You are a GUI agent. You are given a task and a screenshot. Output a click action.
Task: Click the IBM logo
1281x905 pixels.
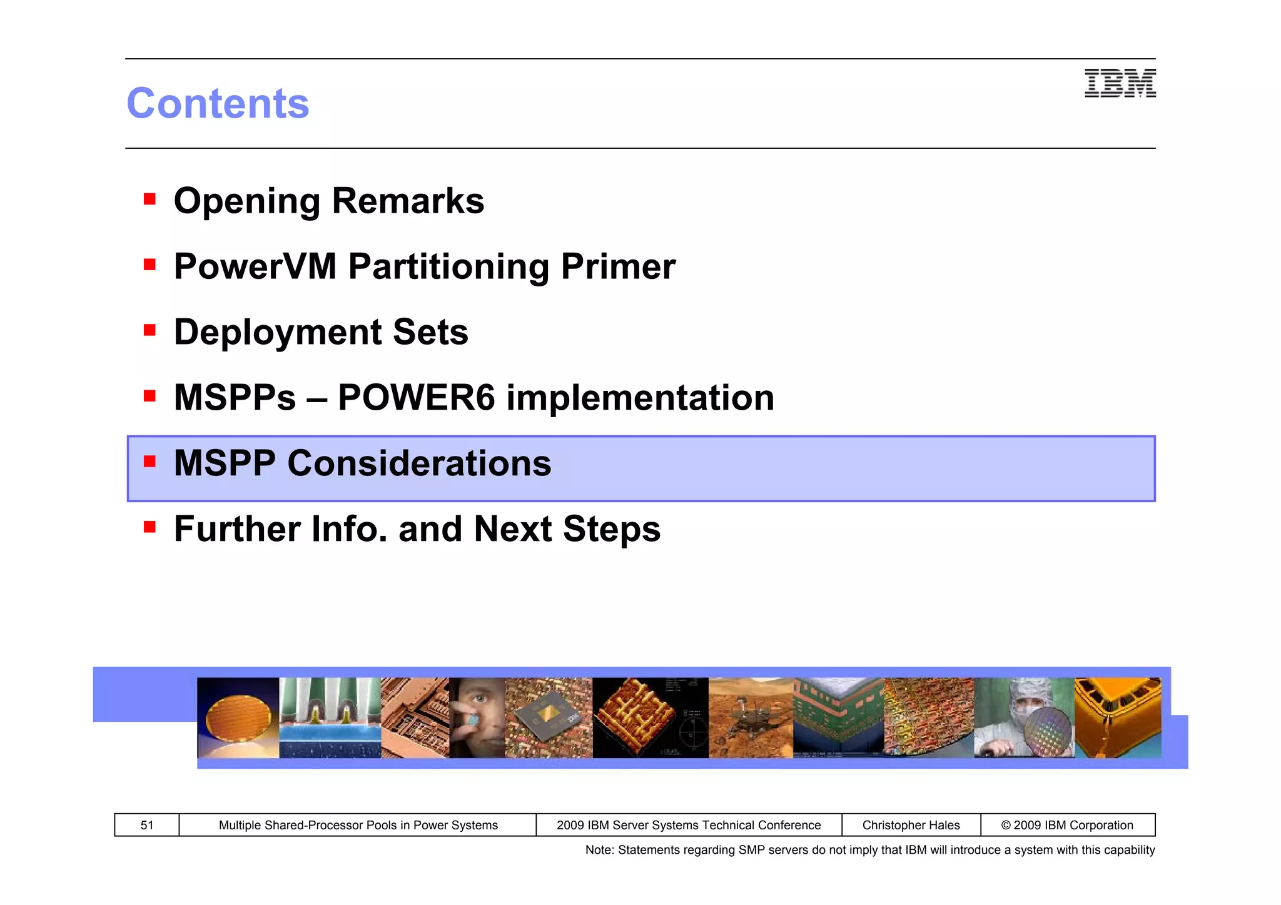point(1120,84)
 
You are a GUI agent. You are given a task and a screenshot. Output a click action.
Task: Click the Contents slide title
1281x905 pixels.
point(218,103)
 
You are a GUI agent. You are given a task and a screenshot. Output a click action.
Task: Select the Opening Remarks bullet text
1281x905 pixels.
point(328,201)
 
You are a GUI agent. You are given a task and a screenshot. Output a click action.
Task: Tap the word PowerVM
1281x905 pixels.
point(255,266)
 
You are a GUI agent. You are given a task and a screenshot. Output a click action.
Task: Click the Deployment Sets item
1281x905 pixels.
point(321,332)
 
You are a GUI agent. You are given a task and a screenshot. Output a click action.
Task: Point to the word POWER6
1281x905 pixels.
point(416,398)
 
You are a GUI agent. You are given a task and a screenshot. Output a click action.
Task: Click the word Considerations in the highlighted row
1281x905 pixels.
point(419,463)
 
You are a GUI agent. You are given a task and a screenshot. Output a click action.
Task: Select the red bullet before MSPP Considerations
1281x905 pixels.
point(149,462)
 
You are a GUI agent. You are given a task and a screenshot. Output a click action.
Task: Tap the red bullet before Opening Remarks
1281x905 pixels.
point(149,199)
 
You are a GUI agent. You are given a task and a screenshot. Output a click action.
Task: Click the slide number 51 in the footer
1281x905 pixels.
point(147,825)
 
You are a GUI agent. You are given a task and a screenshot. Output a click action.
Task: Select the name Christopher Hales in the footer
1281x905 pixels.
point(911,825)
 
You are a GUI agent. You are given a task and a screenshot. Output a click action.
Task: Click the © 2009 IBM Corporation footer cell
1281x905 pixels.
point(1067,825)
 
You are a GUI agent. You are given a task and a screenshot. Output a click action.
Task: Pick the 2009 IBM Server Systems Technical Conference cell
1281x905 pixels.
point(689,825)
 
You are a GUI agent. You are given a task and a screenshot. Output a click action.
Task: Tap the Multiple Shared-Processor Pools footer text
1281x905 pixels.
point(358,825)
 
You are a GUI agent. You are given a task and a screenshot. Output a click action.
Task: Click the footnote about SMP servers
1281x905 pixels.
point(869,850)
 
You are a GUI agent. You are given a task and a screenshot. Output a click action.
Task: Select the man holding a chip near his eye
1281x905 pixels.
point(477,718)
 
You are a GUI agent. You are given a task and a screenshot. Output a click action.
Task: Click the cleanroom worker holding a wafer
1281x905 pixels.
point(1024,718)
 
